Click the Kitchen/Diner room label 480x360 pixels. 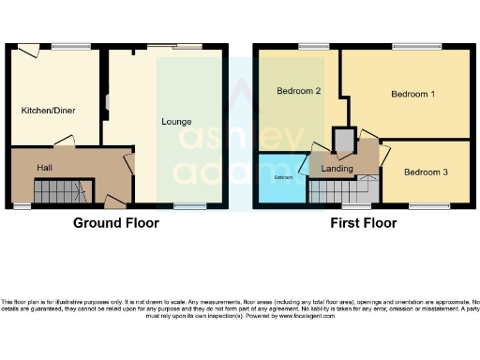(49, 111)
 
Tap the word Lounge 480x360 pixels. (176, 122)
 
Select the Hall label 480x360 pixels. (44, 167)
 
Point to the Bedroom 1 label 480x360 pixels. (412, 95)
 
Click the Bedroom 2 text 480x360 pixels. (299, 91)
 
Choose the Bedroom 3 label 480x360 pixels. (427, 172)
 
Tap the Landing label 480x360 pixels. (337, 169)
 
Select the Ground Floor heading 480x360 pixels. (116, 223)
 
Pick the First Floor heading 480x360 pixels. (363, 223)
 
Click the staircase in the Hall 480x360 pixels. (59, 193)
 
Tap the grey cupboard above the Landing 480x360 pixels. (345, 141)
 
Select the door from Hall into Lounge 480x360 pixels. (129, 165)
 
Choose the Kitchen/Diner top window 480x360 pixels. (65, 46)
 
